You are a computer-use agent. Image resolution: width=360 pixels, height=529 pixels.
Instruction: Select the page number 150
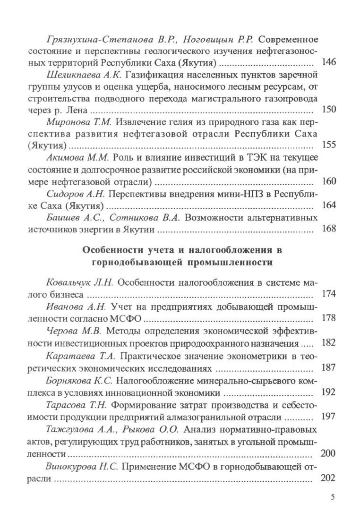328,110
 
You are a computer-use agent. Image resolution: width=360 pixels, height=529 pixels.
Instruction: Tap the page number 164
328,205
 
